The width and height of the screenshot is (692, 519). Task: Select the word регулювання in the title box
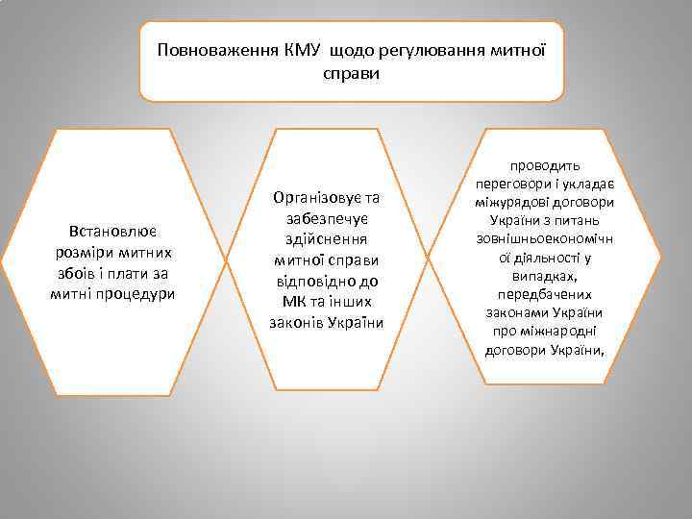click(423, 49)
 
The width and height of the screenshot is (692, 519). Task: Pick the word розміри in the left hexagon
click(81, 252)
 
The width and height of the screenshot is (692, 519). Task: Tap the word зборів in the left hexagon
click(77, 273)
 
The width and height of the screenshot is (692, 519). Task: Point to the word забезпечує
click(326, 218)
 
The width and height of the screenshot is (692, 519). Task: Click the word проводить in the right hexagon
click(545, 166)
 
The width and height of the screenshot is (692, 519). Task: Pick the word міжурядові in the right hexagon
click(514, 203)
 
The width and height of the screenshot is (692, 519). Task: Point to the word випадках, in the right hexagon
click(545, 276)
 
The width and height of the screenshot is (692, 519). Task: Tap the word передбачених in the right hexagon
click(545, 294)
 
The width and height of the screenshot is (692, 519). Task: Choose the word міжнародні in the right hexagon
click(557, 331)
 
